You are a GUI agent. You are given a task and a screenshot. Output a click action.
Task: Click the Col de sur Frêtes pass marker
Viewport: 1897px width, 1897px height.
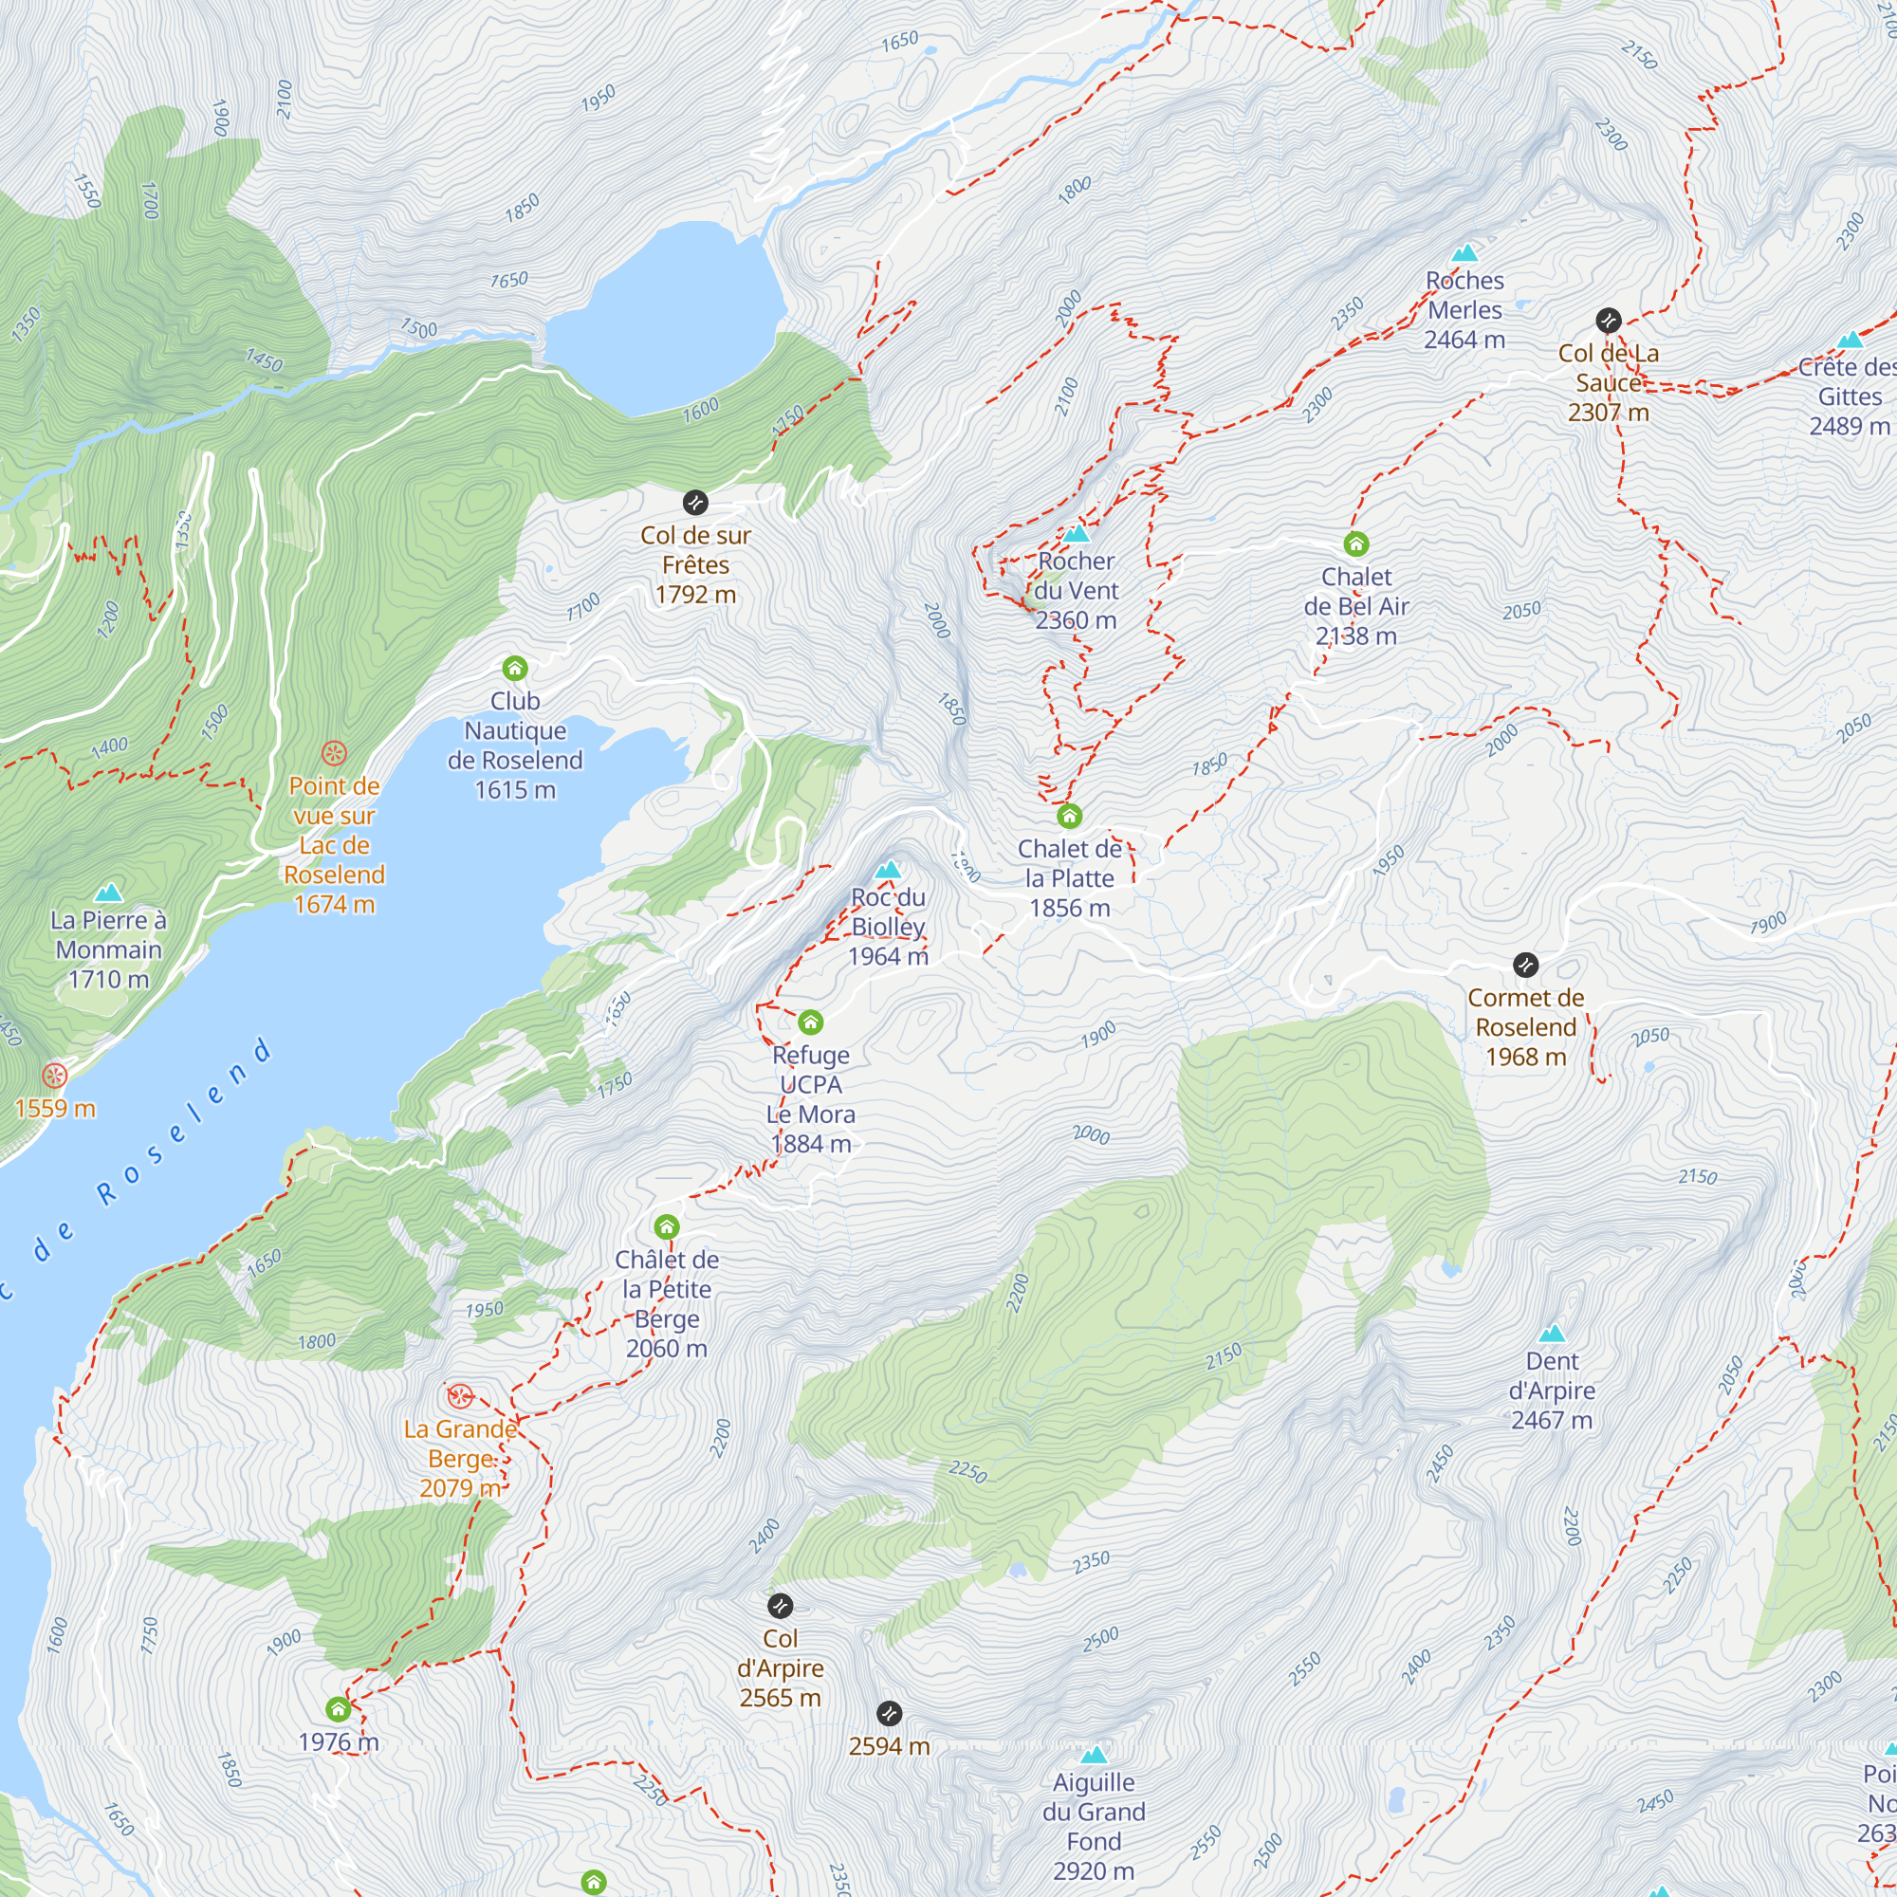[695, 503]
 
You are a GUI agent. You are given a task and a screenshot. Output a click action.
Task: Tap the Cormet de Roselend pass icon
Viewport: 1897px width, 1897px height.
[1525, 966]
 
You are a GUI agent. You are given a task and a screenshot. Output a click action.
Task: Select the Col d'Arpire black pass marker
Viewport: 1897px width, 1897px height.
[780, 1607]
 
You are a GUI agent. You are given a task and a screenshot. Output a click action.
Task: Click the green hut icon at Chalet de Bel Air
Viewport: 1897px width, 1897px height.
[1356, 543]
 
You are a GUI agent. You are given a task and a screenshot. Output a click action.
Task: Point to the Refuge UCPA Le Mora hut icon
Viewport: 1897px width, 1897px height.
[810, 1023]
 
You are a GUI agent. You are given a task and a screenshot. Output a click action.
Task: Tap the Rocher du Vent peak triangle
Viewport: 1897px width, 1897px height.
[1077, 534]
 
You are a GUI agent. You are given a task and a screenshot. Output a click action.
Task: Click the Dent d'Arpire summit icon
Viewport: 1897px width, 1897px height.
[1552, 1334]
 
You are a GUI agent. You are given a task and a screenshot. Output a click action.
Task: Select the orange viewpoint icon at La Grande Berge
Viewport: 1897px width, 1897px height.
[459, 1396]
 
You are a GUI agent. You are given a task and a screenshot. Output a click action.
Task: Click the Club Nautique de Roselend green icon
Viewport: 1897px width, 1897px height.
[514, 669]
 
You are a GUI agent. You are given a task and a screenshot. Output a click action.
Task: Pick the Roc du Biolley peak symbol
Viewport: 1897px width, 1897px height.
[888, 870]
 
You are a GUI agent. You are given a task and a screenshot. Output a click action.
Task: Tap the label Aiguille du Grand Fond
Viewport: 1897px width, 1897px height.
[1094, 1826]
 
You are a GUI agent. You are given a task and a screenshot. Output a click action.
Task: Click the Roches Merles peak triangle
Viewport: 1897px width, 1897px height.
[1464, 253]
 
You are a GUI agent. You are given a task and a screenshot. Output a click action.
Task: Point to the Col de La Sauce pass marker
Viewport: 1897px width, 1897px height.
[1608, 320]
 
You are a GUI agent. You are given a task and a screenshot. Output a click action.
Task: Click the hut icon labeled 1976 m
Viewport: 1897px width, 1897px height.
[338, 1709]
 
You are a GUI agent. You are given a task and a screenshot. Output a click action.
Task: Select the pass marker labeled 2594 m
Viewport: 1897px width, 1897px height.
[889, 1713]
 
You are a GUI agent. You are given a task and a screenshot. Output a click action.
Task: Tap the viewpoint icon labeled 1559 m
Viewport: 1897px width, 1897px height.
[54, 1076]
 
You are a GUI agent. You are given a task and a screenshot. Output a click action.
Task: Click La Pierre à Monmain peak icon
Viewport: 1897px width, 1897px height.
[108, 893]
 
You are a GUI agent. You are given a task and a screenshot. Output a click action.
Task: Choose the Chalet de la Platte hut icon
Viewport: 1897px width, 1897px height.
[1069, 816]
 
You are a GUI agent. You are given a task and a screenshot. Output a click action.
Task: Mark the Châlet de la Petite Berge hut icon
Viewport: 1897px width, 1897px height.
[667, 1226]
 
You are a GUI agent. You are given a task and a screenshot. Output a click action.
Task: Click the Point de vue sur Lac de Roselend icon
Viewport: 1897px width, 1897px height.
[334, 754]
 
